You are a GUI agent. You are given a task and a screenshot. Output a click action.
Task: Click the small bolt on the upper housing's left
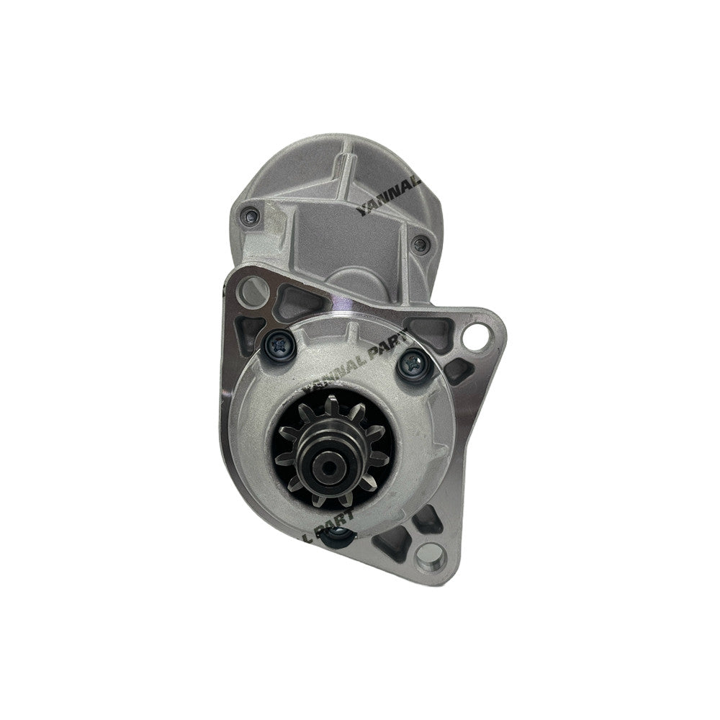(249, 213)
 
